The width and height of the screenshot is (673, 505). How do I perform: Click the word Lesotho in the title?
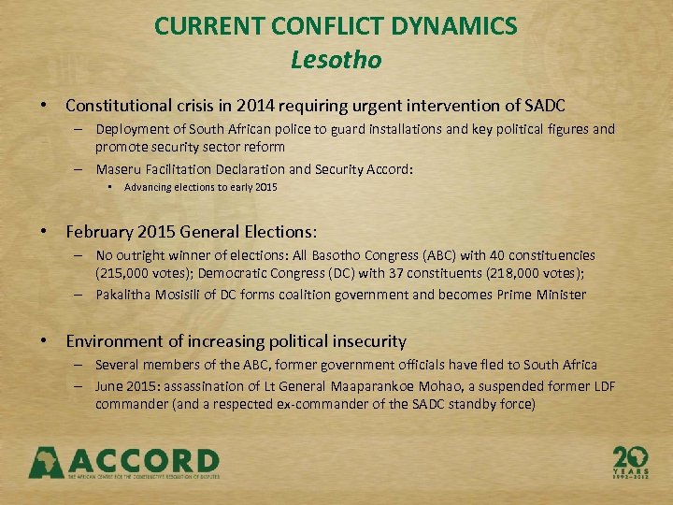coord(336,60)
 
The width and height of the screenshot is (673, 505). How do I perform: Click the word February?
coord(103,230)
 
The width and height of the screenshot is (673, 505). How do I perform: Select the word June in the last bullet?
coord(109,386)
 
